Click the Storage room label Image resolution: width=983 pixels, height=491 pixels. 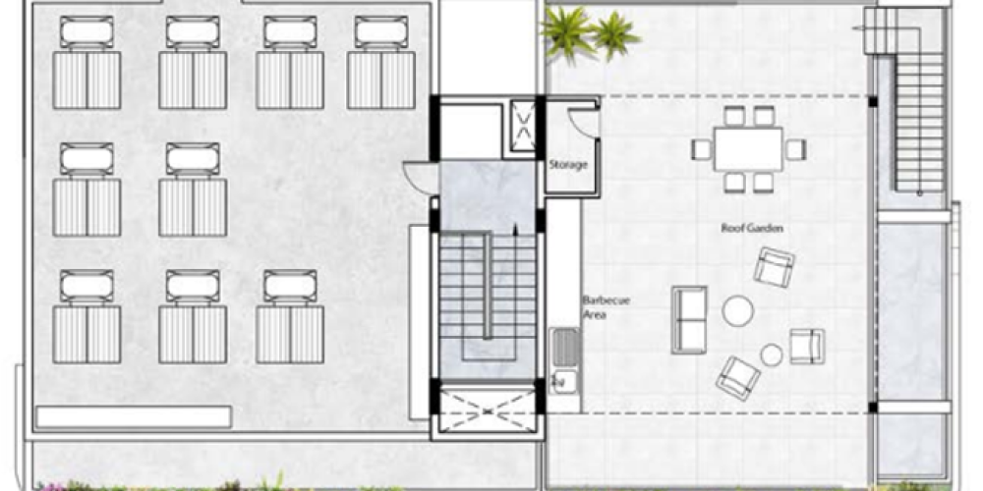click(x=568, y=165)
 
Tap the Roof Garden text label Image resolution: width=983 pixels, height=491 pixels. click(x=752, y=229)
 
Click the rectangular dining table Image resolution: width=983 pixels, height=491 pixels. click(x=748, y=149)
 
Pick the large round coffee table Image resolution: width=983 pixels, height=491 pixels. click(x=738, y=310)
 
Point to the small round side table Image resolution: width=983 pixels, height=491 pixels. click(x=771, y=355)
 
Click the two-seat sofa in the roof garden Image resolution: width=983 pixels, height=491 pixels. click(x=689, y=319)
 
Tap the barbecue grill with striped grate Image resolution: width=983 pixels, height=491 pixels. click(x=566, y=348)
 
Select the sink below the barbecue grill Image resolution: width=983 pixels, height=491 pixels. click(x=565, y=381)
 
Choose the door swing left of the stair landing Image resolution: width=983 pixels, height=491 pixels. click(x=419, y=177)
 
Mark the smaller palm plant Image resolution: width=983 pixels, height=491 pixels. click(x=615, y=35)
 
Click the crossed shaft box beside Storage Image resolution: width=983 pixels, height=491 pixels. click(x=522, y=126)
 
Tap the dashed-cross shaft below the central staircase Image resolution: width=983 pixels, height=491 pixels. click(x=488, y=410)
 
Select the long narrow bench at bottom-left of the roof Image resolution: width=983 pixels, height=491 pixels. click(x=134, y=417)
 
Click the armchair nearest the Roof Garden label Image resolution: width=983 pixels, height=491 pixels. click(x=774, y=267)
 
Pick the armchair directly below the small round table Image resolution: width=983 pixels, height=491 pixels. click(x=738, y=378)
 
